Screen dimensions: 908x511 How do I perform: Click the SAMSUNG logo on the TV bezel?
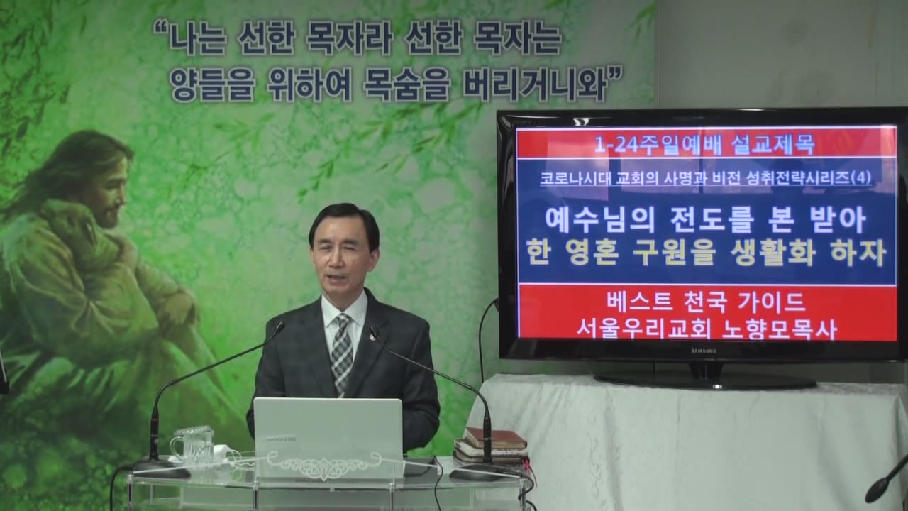tap(704, 351)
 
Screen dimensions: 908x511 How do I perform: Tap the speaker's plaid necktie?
tap(342, 352)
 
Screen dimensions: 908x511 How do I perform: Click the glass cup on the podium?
tap(193, 446)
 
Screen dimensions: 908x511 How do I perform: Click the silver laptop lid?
tap(328, 438)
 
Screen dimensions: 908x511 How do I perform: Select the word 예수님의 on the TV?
tap(600, 220)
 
